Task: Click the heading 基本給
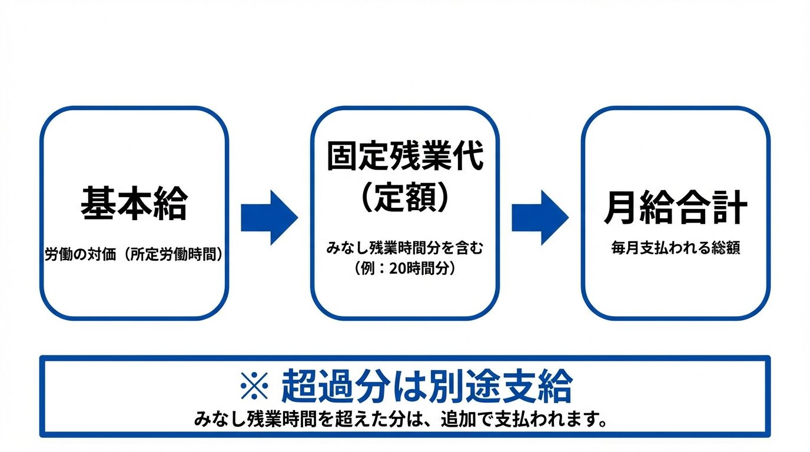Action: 134,204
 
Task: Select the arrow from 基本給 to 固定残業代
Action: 269,217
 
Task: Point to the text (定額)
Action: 405,197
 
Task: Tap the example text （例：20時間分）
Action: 405,268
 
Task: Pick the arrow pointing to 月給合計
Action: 540,217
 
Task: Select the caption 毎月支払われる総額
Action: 675,248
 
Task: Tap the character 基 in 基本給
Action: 98,204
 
